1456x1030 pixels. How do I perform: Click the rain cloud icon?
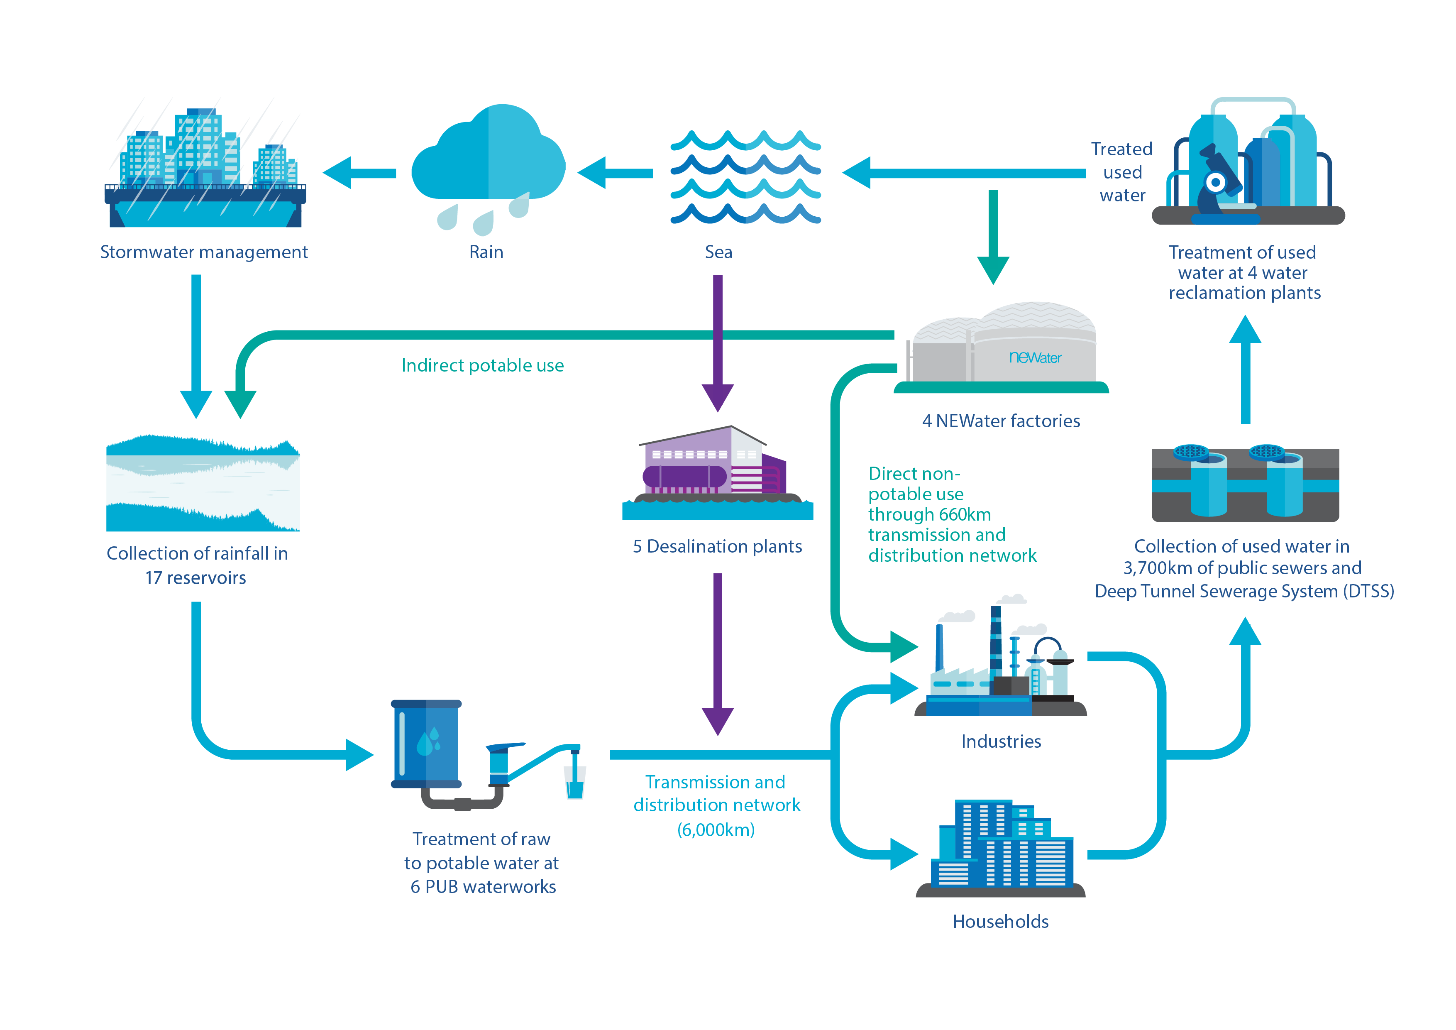click(488, 155)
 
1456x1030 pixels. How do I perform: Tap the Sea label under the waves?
click(718, 252)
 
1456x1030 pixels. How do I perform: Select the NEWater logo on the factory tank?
click(1034, 358)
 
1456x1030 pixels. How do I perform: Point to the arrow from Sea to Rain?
click(615, 173)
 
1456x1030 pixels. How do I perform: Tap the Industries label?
click(1001, 741)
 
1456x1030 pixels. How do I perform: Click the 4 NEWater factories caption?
click(1001, 421)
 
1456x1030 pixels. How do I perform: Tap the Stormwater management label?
click(203, 252)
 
